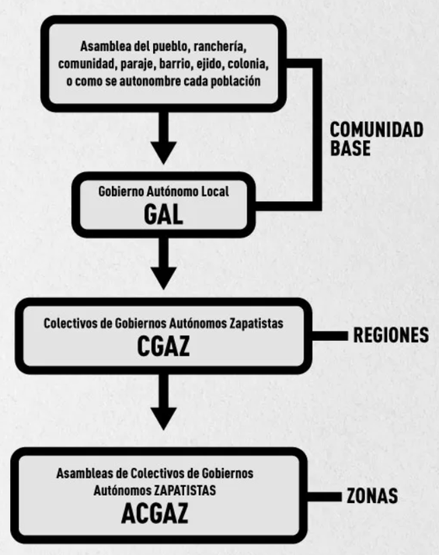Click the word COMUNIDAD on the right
pos(377,130)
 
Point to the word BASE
pos(350,148)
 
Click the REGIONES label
pos(391,336)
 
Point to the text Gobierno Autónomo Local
pos(163,192)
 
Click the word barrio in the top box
pos(168,64)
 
